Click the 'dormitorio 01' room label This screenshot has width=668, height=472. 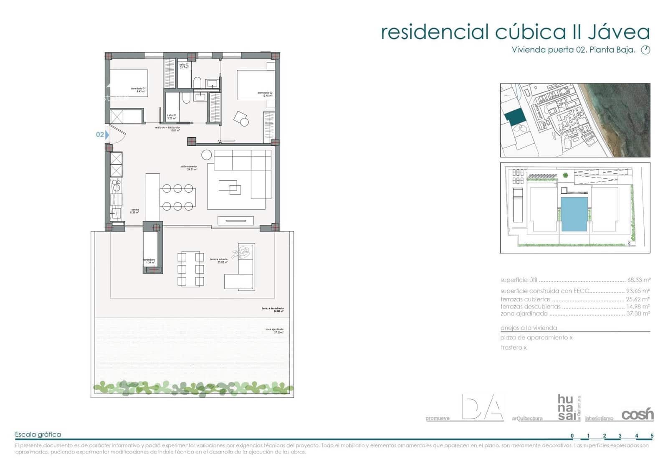(x=138, y=89)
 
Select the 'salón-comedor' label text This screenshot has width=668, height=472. (x=189, y=167)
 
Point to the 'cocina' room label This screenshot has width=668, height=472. (x=134, y=211)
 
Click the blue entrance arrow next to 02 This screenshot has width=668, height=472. (x=107, y=134)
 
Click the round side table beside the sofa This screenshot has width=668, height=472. (x=206, y=155)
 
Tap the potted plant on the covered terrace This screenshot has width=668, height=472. (x=243, y=252)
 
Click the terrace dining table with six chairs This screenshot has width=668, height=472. (x=191, y=269)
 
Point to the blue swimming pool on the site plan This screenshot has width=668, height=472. (x=574, y=214)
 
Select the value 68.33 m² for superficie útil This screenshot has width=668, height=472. (x=638, y=280)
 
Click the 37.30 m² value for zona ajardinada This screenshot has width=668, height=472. (x=638, y=313)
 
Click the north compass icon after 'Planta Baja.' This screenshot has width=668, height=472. (x=645, y=50)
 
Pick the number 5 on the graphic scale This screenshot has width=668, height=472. (x=652, y=436)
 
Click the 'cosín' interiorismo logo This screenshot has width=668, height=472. (x=637, y=414)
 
